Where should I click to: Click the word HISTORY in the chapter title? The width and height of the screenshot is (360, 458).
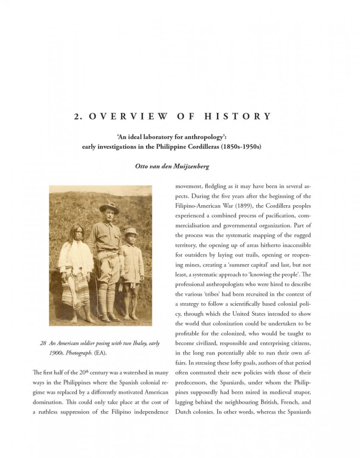pos(237,117)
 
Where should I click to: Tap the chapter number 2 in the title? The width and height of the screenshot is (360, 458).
pos(77,117)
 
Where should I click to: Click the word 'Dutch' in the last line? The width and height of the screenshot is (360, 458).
pos(183,412)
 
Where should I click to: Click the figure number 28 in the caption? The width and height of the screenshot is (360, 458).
pos(43,343)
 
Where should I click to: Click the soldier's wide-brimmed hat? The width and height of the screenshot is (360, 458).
pos(109,207)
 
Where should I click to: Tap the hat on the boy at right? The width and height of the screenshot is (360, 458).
pos(131,231)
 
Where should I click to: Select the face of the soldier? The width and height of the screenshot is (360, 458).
pos(109,215)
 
